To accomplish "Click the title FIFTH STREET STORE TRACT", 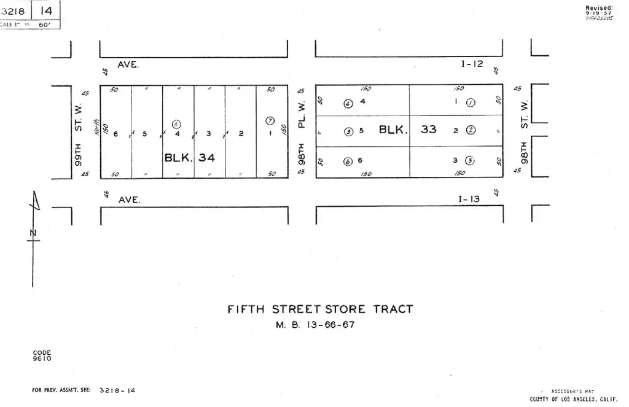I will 320,309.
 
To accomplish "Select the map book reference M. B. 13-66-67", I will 314,325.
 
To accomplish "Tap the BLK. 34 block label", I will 190,158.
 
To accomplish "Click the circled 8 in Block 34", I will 177,124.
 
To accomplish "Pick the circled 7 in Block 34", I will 270,120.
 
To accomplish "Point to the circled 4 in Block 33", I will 348,103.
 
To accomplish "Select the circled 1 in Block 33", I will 471,103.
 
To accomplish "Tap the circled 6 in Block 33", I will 348,161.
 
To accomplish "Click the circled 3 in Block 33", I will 470,161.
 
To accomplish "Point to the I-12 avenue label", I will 472,64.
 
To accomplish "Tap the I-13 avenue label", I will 469,199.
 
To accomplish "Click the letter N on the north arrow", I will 33,232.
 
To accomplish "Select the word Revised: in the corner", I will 599,7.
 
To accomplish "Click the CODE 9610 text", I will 42,355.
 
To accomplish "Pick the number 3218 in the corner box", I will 13,10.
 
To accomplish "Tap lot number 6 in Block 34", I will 115,133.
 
